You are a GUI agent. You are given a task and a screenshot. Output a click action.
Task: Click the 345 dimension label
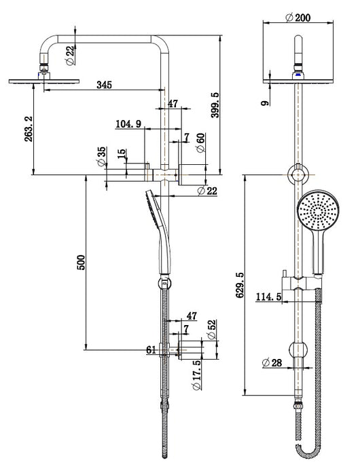tap(103, 85)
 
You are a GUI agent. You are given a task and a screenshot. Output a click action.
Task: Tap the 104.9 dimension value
tap(128, 123)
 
